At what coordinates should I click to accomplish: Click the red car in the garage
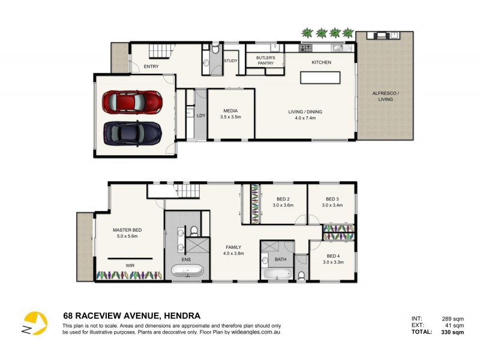click(x=133, y=101)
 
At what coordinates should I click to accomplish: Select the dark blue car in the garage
click(x=133, y=132)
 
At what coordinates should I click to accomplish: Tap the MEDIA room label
click(x=232, y=110)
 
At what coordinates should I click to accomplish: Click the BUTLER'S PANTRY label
click(x=265, y=60)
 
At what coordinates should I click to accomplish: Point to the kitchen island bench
click(x=320, y=78)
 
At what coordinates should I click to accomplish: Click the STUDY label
click(x=230, y=61)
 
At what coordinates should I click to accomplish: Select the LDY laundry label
click(x=201, y=115)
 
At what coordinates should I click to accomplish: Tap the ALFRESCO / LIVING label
click(x=385, y=96)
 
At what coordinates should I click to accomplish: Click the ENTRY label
click(x=142, y=67)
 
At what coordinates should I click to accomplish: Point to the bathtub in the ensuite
click(x=188, y=271)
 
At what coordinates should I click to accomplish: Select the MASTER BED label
click(x=127, y=230)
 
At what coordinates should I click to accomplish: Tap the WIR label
click(x=130, y=265)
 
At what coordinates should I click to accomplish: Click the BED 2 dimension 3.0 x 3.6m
click(x=283, y=205)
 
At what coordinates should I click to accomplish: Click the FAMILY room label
click(x=233, y=247)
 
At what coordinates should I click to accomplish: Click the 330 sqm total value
click(x=452, y=332)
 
